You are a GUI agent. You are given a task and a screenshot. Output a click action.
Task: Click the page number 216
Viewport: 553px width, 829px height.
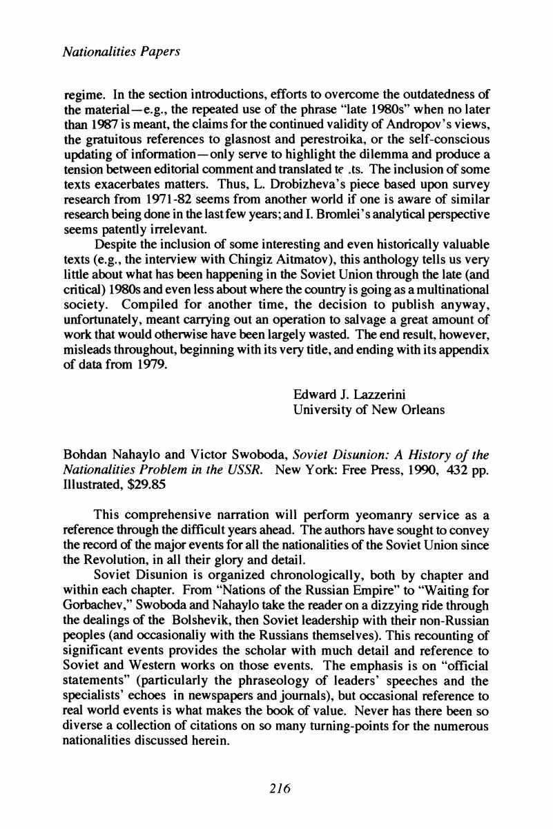pyautogui.click(x=277, y=789)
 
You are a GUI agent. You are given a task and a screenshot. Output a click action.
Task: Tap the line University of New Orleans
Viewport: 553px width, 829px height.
pyautogui.click(x=369, y=410)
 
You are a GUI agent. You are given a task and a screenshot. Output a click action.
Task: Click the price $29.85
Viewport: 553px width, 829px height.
pyautogui.click(x=142, y=485)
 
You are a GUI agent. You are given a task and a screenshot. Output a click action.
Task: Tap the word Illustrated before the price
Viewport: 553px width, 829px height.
pyautogui.click(x=92, y=485)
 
